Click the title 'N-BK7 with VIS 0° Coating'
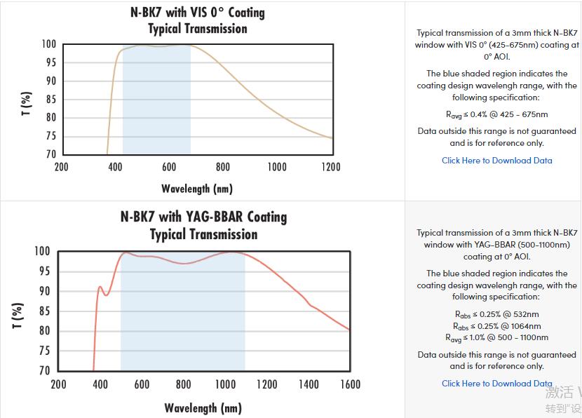click(198, 13)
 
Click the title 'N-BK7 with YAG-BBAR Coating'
click(203, 217)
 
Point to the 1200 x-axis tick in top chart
click(331, 167)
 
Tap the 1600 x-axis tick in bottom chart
click(349, 384)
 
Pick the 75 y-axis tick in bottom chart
click(44, 351)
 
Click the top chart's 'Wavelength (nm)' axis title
click(196, 189)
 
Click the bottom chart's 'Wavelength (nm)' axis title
click(203, 408)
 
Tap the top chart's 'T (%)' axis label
click(27, 103)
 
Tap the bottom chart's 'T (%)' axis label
click(19, 315)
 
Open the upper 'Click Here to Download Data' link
click(497, 161)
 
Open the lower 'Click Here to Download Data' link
click(497, 384)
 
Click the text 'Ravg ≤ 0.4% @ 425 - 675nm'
click(497, 114)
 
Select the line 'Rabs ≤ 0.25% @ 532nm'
click(497, 314)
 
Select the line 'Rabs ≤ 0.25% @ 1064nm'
click(497, 326)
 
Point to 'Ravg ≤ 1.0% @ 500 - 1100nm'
click(497, 337)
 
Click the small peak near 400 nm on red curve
click(100, 286)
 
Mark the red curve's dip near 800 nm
click(184, 263)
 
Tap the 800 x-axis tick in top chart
click(223, 167)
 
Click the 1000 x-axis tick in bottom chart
click(225, 384)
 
